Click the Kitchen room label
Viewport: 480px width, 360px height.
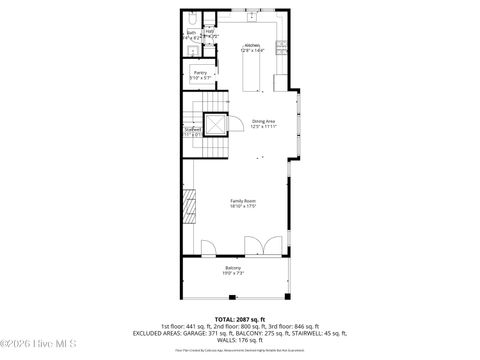pos(251,44)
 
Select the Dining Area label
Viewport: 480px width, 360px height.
pos(263,121)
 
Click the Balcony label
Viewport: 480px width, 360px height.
pos(232,267)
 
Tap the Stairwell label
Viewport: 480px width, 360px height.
pos(192,128)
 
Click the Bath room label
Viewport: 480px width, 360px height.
pos(191,32)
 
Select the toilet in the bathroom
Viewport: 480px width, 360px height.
pos(191,17)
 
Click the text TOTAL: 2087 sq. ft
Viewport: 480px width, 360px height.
pos(240,318)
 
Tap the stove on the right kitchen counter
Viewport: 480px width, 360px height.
pos(283,47)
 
